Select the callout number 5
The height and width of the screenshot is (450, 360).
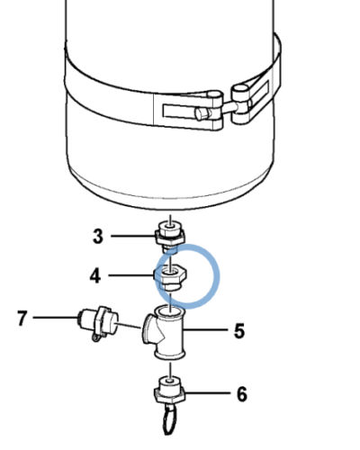[239, 331]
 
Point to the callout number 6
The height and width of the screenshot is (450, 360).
[241, 393]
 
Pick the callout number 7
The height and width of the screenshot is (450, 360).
[24, 318]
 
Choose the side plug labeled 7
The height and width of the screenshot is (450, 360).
[97, 321]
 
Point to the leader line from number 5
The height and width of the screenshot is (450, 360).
[207, 331]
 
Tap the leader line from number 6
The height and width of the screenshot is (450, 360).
[207, 393]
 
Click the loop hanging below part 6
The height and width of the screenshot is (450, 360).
[169, 419]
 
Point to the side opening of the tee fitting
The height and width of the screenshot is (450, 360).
[147, 326]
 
